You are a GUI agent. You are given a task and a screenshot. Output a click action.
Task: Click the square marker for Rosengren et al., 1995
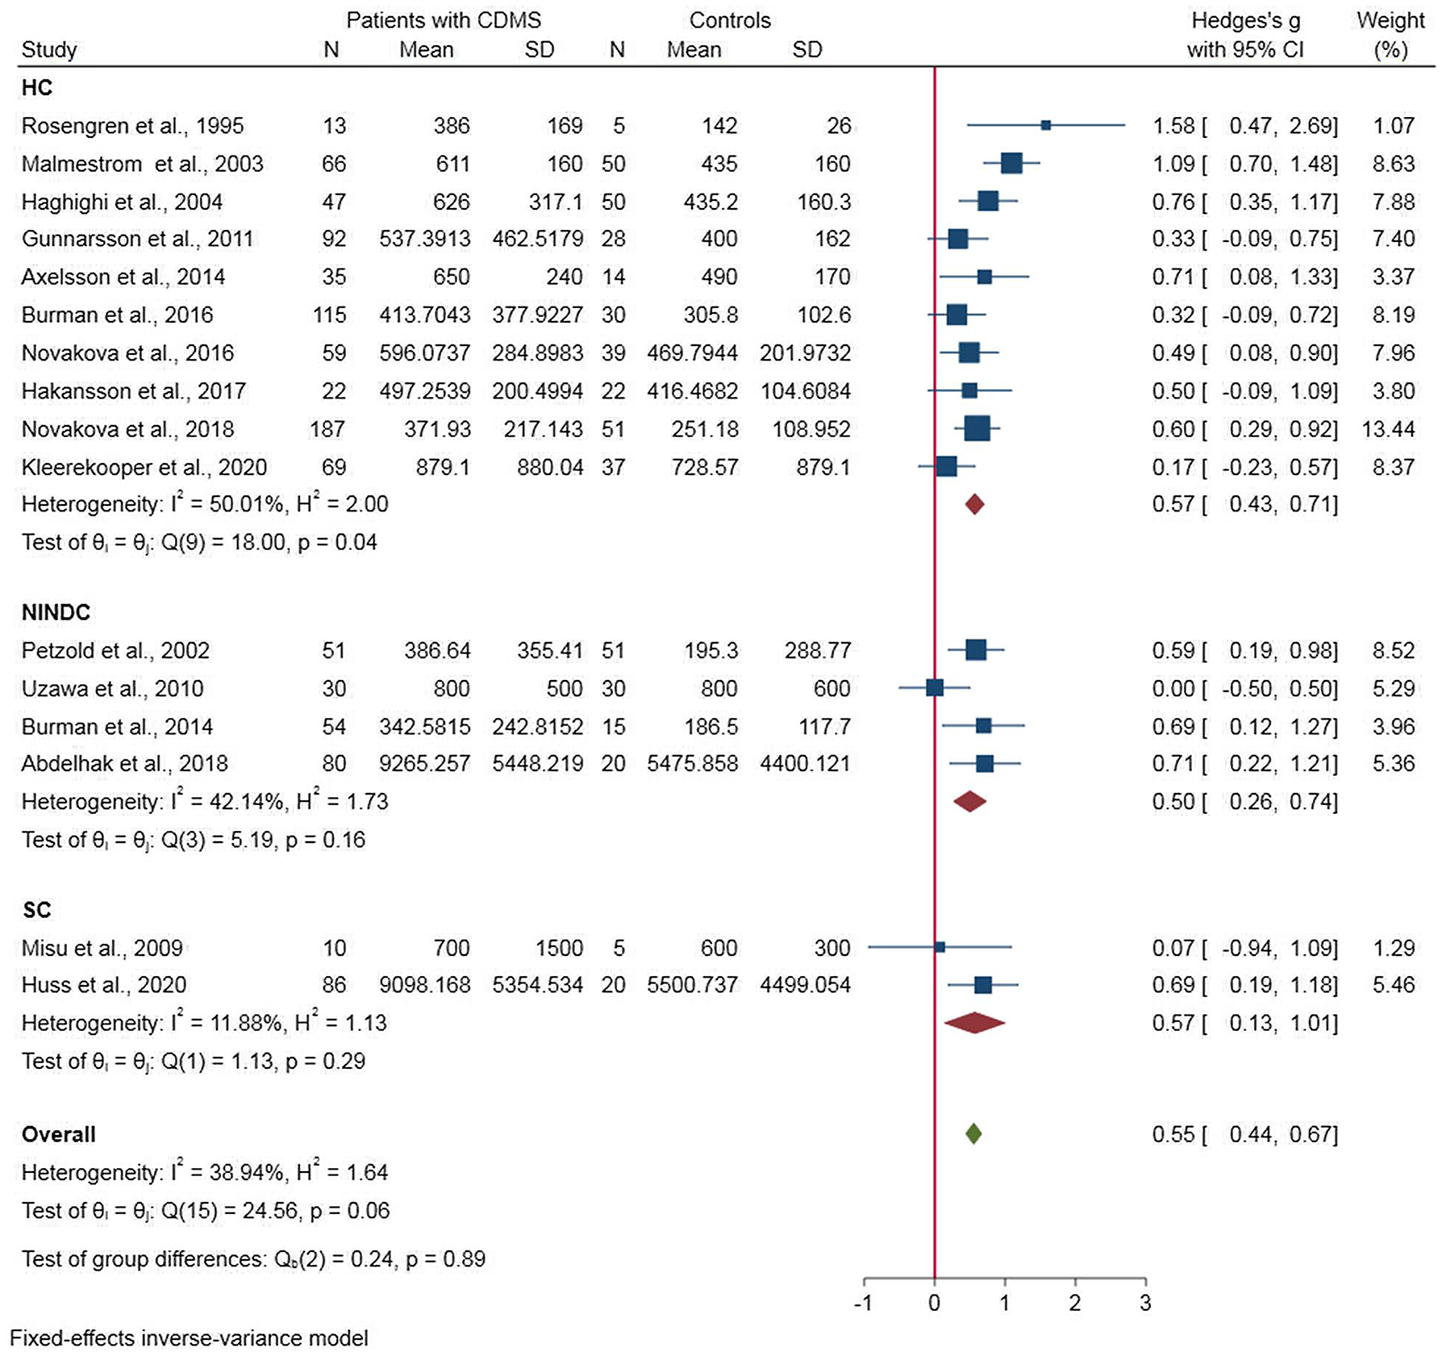point(1045,125)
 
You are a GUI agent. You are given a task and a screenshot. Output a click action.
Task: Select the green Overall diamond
point(973,1133)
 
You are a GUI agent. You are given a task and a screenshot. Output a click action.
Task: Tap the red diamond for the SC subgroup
point(974,1022)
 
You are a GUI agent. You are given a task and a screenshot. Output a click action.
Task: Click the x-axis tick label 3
point(1145,1302)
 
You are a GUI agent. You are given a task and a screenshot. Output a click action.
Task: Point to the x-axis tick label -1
point(862,1302)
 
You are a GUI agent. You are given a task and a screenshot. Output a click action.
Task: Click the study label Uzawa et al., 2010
point(112,688)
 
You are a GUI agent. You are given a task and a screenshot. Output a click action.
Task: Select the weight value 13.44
point(1388,428)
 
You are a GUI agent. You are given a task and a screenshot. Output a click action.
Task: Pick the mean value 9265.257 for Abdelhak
point(424,763)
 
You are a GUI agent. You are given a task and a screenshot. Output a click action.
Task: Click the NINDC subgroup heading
point(56,612)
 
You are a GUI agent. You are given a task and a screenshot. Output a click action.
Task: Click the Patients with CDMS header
point(444,20)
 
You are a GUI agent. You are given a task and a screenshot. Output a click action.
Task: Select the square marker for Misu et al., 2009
point(940,947)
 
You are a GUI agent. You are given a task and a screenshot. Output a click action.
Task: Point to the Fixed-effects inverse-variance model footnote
point(189,1337)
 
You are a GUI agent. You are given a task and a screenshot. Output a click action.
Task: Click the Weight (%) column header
point(1390,35)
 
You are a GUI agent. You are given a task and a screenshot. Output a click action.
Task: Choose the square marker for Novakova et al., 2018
point(977,428)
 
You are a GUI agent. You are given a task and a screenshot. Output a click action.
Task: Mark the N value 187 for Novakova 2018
point(327,428)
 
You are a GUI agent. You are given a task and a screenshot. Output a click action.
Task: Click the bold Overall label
point(58,1133)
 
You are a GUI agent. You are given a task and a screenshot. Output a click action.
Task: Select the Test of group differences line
point(253,1258)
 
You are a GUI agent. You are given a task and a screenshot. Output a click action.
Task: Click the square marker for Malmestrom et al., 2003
point(1011,163)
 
